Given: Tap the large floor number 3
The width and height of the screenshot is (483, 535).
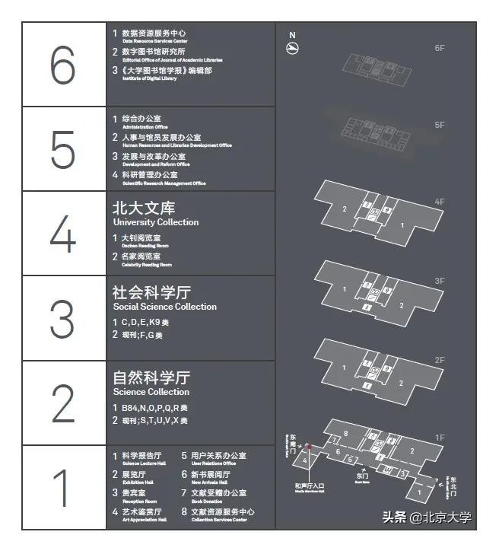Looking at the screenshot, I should [x=63, y=318].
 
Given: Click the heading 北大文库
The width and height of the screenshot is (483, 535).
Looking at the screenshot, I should [x=144, y=207].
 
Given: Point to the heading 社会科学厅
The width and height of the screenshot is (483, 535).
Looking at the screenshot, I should [x=151, y=291].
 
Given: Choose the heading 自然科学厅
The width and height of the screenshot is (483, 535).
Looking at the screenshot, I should [x=151, y=377].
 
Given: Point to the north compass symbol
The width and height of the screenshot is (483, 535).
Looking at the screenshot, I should [x=293, y=47].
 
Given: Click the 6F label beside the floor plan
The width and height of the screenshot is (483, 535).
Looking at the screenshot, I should [x=440, y=49].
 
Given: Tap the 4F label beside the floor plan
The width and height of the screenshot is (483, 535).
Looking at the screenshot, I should [x=440, y=202].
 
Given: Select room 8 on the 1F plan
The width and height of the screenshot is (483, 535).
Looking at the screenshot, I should [x=346, y=434].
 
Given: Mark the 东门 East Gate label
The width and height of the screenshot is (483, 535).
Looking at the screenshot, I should [x=362, y=476].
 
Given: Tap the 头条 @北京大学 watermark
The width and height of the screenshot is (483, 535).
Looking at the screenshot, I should [x=427, y=518].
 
